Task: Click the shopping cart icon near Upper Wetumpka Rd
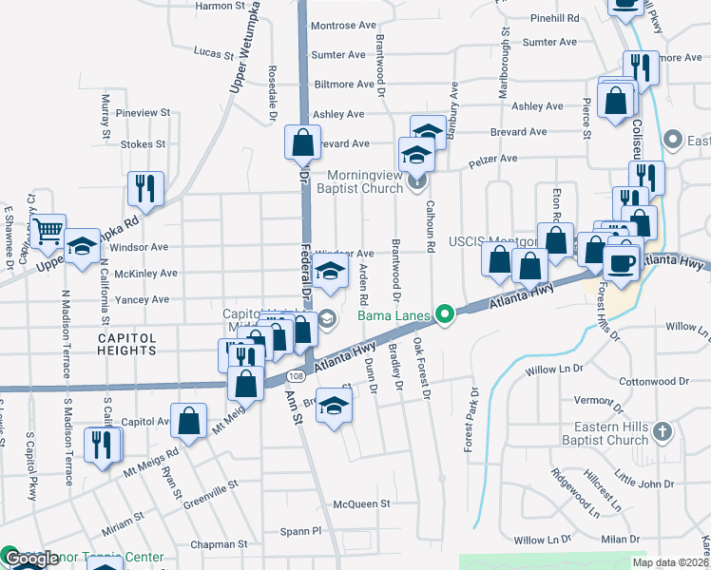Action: [x=47, y=229]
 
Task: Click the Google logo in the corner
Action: [x=31, y=559]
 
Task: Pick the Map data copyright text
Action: [x=669, y=562]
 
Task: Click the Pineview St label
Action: [x=143, y=112]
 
